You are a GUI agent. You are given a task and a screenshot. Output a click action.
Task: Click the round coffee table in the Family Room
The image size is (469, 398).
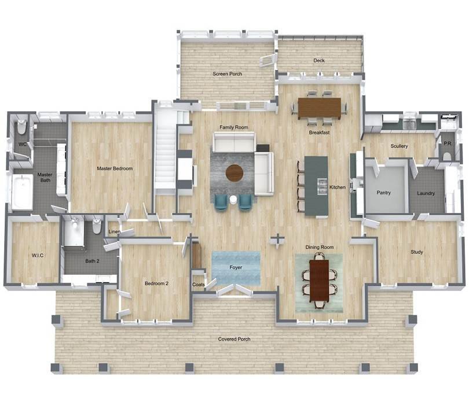pos(235,173)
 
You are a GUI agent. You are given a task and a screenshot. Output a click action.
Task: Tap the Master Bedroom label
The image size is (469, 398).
pos(115,168)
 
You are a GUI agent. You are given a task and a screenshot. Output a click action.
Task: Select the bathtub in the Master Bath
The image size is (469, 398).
pos(22,191)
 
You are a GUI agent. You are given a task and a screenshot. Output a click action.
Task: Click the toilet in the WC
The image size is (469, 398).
pos(22,127)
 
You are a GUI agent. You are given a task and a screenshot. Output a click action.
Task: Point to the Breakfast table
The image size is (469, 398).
pos(320,108)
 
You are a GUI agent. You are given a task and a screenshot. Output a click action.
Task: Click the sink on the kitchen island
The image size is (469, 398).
pos(322,186)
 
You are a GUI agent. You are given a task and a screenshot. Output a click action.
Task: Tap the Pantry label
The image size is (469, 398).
pos(383,193)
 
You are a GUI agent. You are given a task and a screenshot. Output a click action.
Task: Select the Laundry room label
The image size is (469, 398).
pos(426,193)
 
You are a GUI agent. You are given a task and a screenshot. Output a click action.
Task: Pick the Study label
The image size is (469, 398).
pos(417,252)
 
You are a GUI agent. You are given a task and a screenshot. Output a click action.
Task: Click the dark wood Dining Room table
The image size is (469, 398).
pos(320,280)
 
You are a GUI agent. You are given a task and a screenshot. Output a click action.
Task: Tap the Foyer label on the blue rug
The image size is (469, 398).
pos(236,267)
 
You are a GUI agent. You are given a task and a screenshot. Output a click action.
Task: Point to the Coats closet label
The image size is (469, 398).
pos(198,285)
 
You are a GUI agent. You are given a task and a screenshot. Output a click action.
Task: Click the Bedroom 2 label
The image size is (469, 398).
pos(156,283)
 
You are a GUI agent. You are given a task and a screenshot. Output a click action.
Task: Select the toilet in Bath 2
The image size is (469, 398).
pos(97,226)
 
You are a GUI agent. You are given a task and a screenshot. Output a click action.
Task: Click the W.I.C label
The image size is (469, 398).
pos(38,256)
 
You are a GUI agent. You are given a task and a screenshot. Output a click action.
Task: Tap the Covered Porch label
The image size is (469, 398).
pos(234,339)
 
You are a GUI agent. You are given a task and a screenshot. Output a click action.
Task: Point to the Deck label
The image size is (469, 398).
pos(319,60)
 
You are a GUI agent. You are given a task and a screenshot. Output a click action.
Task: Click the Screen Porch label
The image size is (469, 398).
pos(228,74)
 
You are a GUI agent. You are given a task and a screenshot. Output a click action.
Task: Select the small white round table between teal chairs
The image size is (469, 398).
pos(233,200)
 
